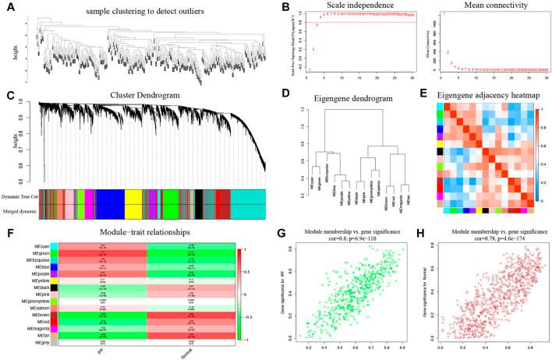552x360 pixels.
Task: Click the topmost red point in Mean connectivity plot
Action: [444, 14]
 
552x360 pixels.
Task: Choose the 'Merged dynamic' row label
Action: [21, 208]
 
